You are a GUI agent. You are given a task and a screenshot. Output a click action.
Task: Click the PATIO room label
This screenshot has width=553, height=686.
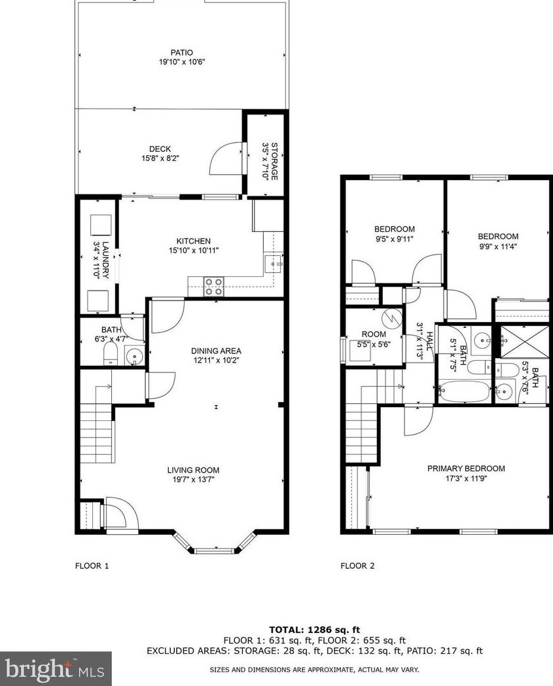coord(181,52)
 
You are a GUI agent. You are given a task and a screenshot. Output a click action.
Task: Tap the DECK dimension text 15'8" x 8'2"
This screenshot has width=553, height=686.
coord(160,158)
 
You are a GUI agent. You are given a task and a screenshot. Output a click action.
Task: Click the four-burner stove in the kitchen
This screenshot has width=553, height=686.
coord(214,287)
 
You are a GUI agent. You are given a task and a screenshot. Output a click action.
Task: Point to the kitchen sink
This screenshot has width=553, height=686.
coord(273,264)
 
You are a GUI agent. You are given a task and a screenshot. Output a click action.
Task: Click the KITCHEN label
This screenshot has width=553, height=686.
coord(193,241)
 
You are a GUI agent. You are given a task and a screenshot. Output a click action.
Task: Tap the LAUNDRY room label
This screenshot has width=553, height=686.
coord(105,261)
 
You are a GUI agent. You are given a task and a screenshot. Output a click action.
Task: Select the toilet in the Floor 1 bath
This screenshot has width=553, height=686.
coord(110,353)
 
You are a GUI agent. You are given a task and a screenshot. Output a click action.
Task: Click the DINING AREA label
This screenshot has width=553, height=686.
coord(216,351)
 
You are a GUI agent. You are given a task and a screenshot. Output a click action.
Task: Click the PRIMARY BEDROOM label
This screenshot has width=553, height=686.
coord(466,469)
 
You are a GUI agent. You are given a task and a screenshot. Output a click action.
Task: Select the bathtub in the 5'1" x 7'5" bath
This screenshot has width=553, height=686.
coord(464,391)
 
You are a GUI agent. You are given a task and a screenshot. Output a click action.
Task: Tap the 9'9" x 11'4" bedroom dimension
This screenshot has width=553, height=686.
coord(498,246)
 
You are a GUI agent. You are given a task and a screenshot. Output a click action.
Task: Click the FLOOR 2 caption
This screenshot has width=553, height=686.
coord(357,566)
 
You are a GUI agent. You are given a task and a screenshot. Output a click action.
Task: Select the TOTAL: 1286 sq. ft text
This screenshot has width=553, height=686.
coord(315,630)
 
